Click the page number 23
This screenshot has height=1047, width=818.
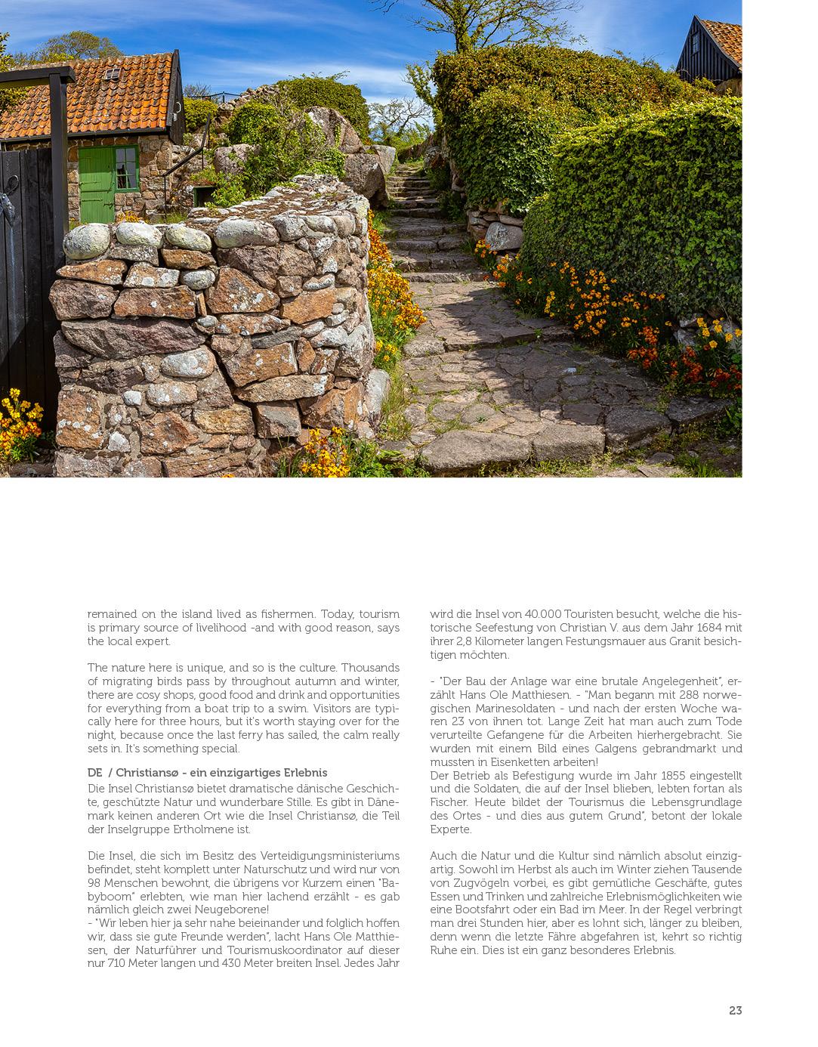point(735,1011)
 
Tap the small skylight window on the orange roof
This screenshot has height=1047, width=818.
point(112,73)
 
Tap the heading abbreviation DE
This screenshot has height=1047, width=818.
point(94,773)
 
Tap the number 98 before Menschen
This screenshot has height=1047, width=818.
point(94,883)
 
